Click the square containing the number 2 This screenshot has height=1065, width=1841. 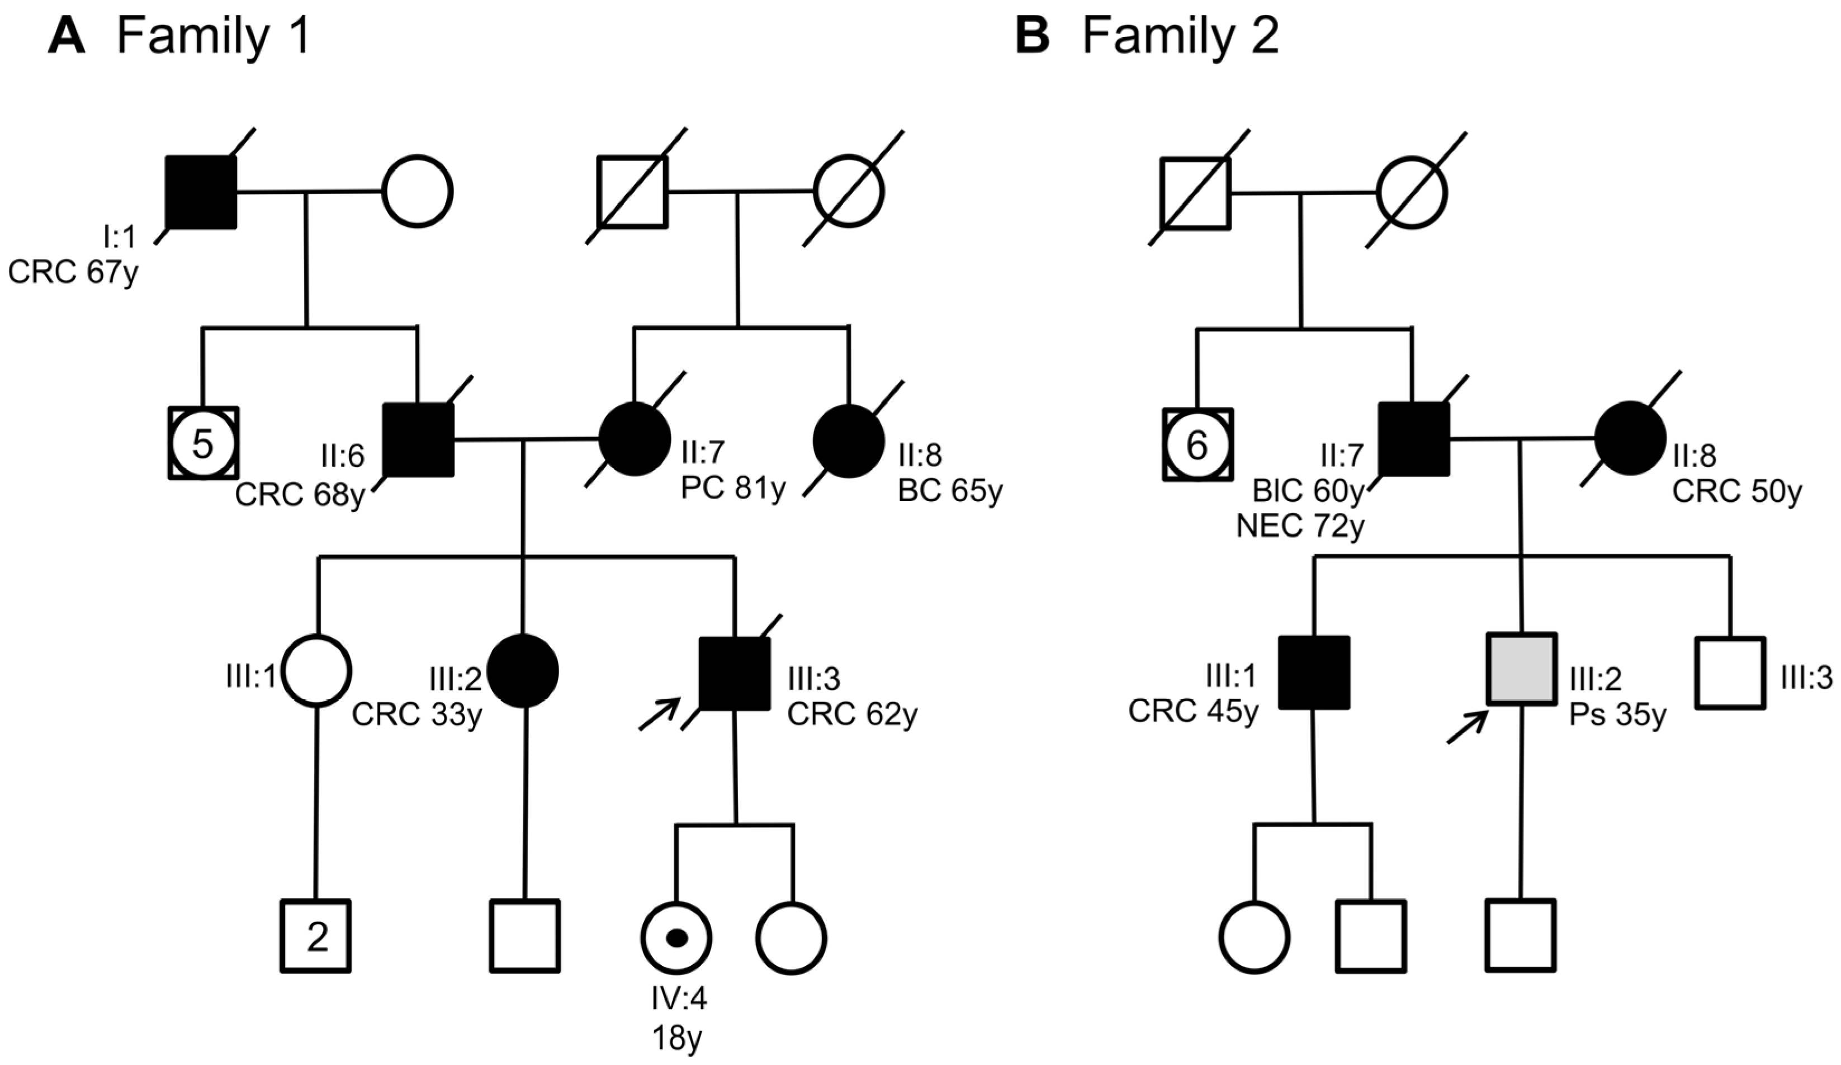point(316,936)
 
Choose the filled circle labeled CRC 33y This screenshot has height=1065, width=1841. point(523,670)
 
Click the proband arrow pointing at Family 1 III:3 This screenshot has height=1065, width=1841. point(659,713)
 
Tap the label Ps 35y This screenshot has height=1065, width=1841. point(1617,714)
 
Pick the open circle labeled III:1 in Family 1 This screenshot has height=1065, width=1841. point(318,670)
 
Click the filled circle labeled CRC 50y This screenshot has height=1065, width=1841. point(1631,438)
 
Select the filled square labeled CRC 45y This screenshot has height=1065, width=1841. point(1314,672)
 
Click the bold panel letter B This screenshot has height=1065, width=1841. point(1031,35)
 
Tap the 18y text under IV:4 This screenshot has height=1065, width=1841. point(677,1038)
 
